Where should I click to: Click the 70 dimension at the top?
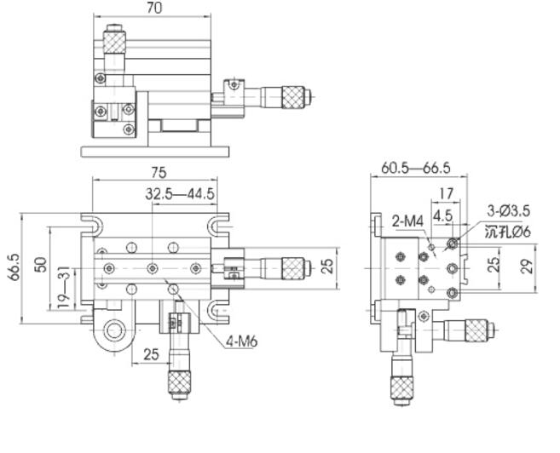point(154,8)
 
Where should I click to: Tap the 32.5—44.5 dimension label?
point(179,194)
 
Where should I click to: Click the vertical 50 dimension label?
point(40,266)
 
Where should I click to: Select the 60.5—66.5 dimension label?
point(416,169)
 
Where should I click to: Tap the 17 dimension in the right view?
point(446,193)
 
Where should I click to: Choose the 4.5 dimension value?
point(442,215)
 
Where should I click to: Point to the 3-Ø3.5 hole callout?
point(509,210)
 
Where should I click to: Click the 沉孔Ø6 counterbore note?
point(508,231)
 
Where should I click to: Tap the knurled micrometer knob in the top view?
point(292,94)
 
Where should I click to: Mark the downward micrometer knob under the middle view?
point(179,384)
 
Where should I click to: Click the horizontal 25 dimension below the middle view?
point(152,353)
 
